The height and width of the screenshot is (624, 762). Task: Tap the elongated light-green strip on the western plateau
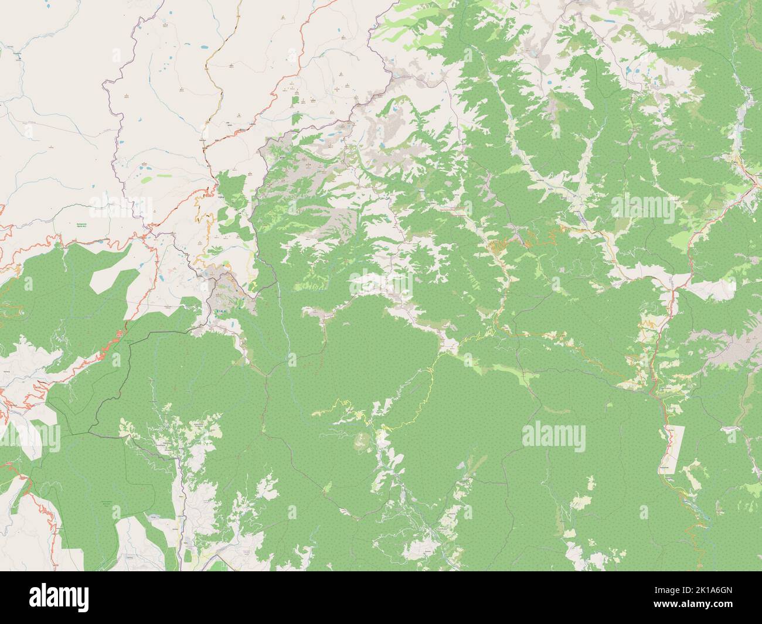coord(145,178)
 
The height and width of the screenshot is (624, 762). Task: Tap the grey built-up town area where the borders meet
coord(226,293)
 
